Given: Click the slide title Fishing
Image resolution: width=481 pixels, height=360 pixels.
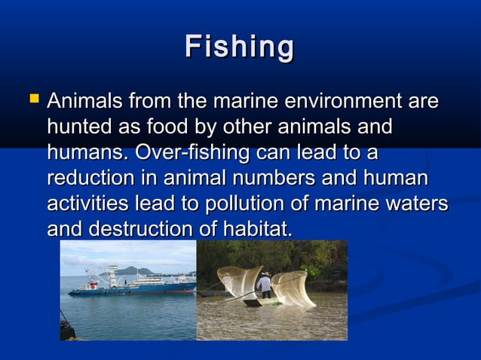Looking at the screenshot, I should pos(240,47).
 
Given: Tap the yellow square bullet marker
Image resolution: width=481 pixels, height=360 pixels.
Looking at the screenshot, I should pos(31,98).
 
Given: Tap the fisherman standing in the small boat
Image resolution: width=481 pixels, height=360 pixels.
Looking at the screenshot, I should pos(265,286).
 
